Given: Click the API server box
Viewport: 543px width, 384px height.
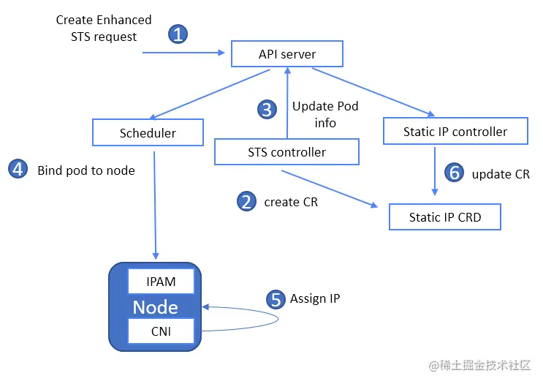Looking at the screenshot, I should pos(287,54).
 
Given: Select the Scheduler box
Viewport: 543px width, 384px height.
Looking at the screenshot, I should pos(148,133).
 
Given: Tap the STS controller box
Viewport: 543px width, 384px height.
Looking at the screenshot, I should pos(286,152).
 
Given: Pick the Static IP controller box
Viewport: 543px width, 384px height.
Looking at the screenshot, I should pos(455,132).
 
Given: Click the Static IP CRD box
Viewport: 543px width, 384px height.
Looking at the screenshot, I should pos(444,217).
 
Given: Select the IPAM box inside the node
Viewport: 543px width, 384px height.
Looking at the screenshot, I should pos(162,282).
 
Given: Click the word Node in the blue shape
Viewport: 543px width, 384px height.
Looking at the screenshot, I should pos(155,306).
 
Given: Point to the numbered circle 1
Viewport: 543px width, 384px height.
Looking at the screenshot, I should pos(178,34).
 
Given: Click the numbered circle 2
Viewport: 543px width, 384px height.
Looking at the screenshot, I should pos(247,201).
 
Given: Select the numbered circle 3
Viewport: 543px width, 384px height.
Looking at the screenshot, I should pos(267,110).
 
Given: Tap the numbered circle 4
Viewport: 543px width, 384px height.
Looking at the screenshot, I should pos(18,170).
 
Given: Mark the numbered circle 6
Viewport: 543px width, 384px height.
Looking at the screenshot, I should pos(455,173).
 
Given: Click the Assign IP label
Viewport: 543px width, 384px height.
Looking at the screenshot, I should pos(315,298).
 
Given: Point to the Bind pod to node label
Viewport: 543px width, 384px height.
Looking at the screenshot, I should pos(86,170).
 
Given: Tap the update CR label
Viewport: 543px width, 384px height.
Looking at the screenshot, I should pos(501,174).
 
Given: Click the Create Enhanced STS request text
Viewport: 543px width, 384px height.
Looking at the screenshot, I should pos(104,28).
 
